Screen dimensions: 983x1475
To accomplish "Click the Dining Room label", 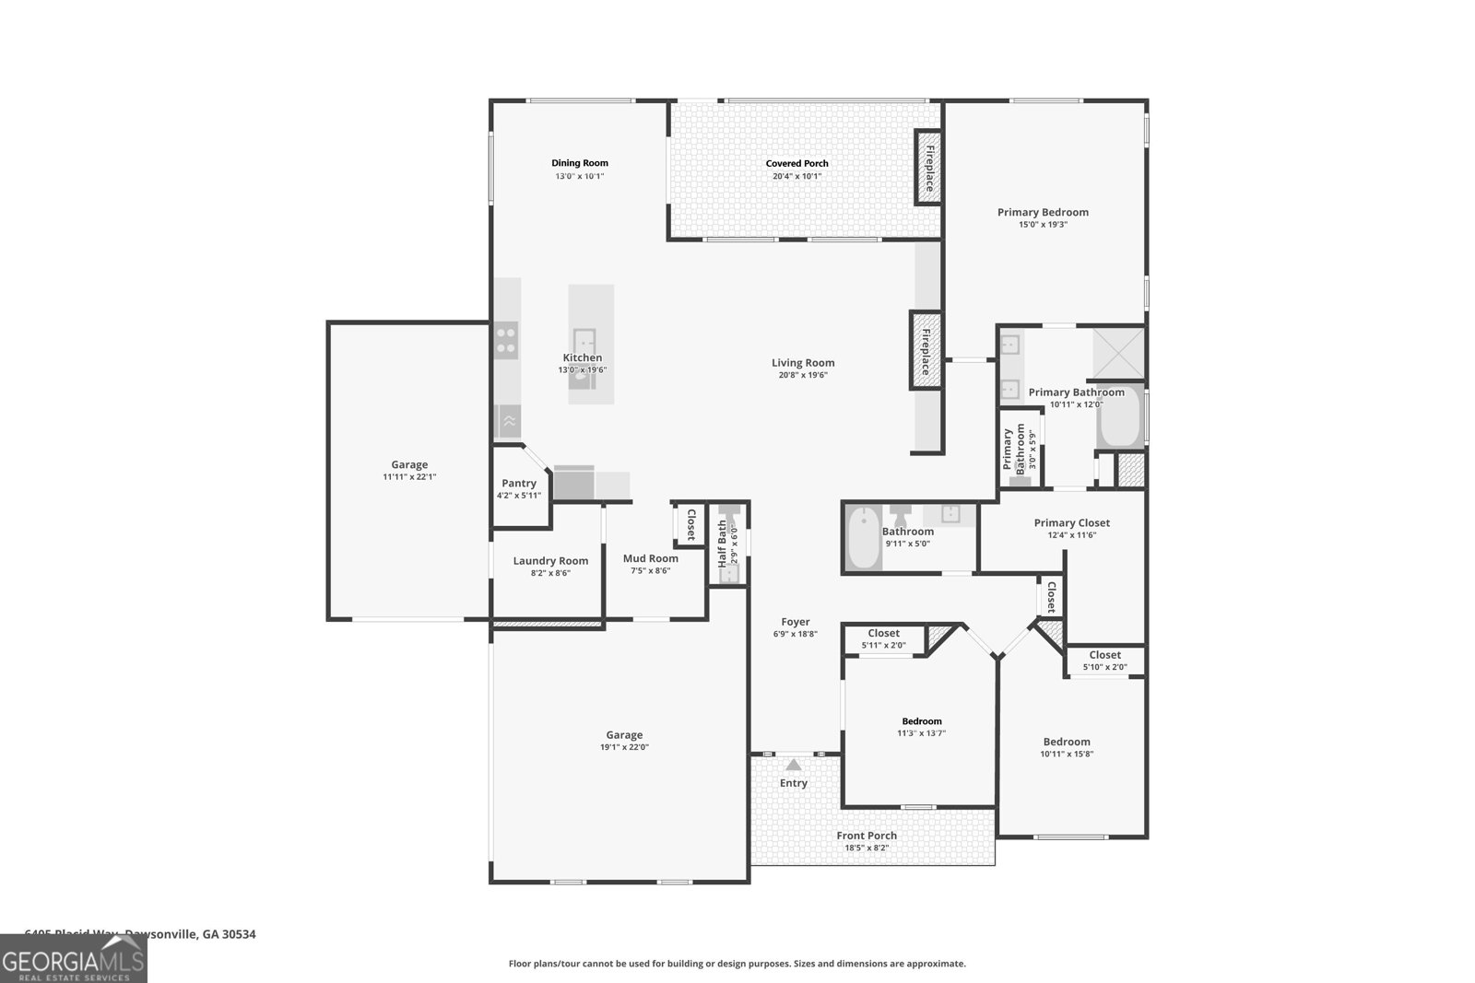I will pos(580,163).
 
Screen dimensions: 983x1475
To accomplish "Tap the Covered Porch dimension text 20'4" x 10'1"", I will pos(797,176).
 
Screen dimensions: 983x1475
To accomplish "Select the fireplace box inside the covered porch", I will pos(927,167).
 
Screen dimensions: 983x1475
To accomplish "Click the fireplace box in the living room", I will pos(925,349).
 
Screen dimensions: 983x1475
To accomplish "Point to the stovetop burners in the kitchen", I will pos(506,341).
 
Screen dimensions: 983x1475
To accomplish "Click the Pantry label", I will pos(519,483).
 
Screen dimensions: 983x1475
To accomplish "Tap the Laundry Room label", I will pos(550,560).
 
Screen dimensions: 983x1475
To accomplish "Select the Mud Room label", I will pos(650,558).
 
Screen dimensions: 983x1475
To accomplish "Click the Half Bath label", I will pos(722,544).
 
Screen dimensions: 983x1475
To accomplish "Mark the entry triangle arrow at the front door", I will pos(794,765).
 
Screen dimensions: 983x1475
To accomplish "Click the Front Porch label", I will pos(867,836).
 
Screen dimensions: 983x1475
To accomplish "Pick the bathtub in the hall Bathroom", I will pos(865,538).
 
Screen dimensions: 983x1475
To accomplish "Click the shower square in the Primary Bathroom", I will pos(1118,353).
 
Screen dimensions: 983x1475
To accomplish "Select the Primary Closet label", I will pos(1071,522).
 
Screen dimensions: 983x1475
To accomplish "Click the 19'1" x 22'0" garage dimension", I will pos(624,747).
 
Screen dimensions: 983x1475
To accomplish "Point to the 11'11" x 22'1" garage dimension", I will pos(409,477).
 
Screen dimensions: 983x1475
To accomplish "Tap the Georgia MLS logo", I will pos(73,959).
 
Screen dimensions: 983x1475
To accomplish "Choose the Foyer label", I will pos(796,622).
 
